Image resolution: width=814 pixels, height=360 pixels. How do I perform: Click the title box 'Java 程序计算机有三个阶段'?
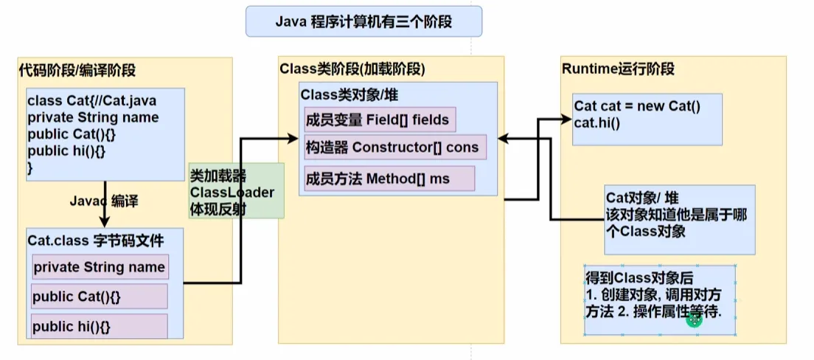coord(363,21)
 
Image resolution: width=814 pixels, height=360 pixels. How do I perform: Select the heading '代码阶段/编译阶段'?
coord(77,71)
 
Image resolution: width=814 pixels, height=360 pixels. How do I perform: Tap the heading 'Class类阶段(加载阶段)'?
coord(352,69)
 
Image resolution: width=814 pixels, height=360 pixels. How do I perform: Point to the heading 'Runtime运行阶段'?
coord(618,69)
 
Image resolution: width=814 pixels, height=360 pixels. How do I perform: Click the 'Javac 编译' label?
coord(104,201)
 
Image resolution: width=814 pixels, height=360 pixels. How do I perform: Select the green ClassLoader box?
coord(236,190)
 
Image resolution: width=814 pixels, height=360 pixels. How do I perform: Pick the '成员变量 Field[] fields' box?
coord(377,119)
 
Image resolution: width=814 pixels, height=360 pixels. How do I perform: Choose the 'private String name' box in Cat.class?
coord(100,267)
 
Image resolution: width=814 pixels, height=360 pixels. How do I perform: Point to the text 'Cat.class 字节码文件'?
coord(96,240)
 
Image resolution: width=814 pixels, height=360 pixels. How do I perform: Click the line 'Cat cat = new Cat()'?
coord(637,106)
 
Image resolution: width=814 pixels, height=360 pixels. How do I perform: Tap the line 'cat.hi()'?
coord(597,121)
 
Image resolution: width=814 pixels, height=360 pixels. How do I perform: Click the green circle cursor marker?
coord(694,319)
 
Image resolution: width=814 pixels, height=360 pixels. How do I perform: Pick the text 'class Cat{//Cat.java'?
coord(91,101)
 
